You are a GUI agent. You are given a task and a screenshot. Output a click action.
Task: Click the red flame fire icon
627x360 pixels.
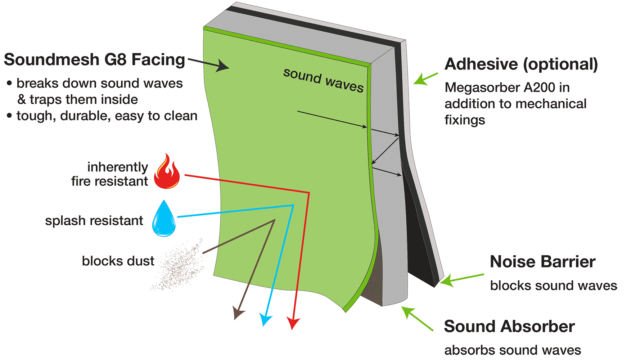pos(166,171)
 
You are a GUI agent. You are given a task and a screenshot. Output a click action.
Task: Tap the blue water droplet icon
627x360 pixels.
pos(163,219)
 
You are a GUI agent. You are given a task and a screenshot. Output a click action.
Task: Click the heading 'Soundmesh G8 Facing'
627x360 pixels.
pos(94,59)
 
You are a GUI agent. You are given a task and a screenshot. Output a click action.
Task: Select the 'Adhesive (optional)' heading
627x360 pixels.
pos(521,64)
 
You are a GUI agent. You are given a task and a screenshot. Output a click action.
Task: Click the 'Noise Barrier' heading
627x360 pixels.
pos(542,261)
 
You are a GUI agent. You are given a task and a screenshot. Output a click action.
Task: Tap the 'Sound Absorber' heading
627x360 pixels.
pos(509,327)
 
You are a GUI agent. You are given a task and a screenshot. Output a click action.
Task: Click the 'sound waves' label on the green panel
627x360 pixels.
pos(323,80)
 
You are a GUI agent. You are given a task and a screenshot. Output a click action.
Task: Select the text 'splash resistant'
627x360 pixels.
pos(94,220)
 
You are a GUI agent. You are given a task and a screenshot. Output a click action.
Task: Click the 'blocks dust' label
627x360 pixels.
pos(118,261)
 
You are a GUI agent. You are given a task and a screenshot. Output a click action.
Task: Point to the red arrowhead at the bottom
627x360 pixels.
pos(293,323)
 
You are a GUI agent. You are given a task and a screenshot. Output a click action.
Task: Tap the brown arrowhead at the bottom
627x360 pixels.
pos(238,314)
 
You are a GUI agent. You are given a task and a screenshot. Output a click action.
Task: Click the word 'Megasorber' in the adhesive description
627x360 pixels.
pos(479,87)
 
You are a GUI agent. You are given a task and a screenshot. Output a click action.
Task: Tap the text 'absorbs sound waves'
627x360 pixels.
pos(512,350)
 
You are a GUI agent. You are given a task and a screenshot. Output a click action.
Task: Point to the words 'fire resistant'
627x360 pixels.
pos(109,181)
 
